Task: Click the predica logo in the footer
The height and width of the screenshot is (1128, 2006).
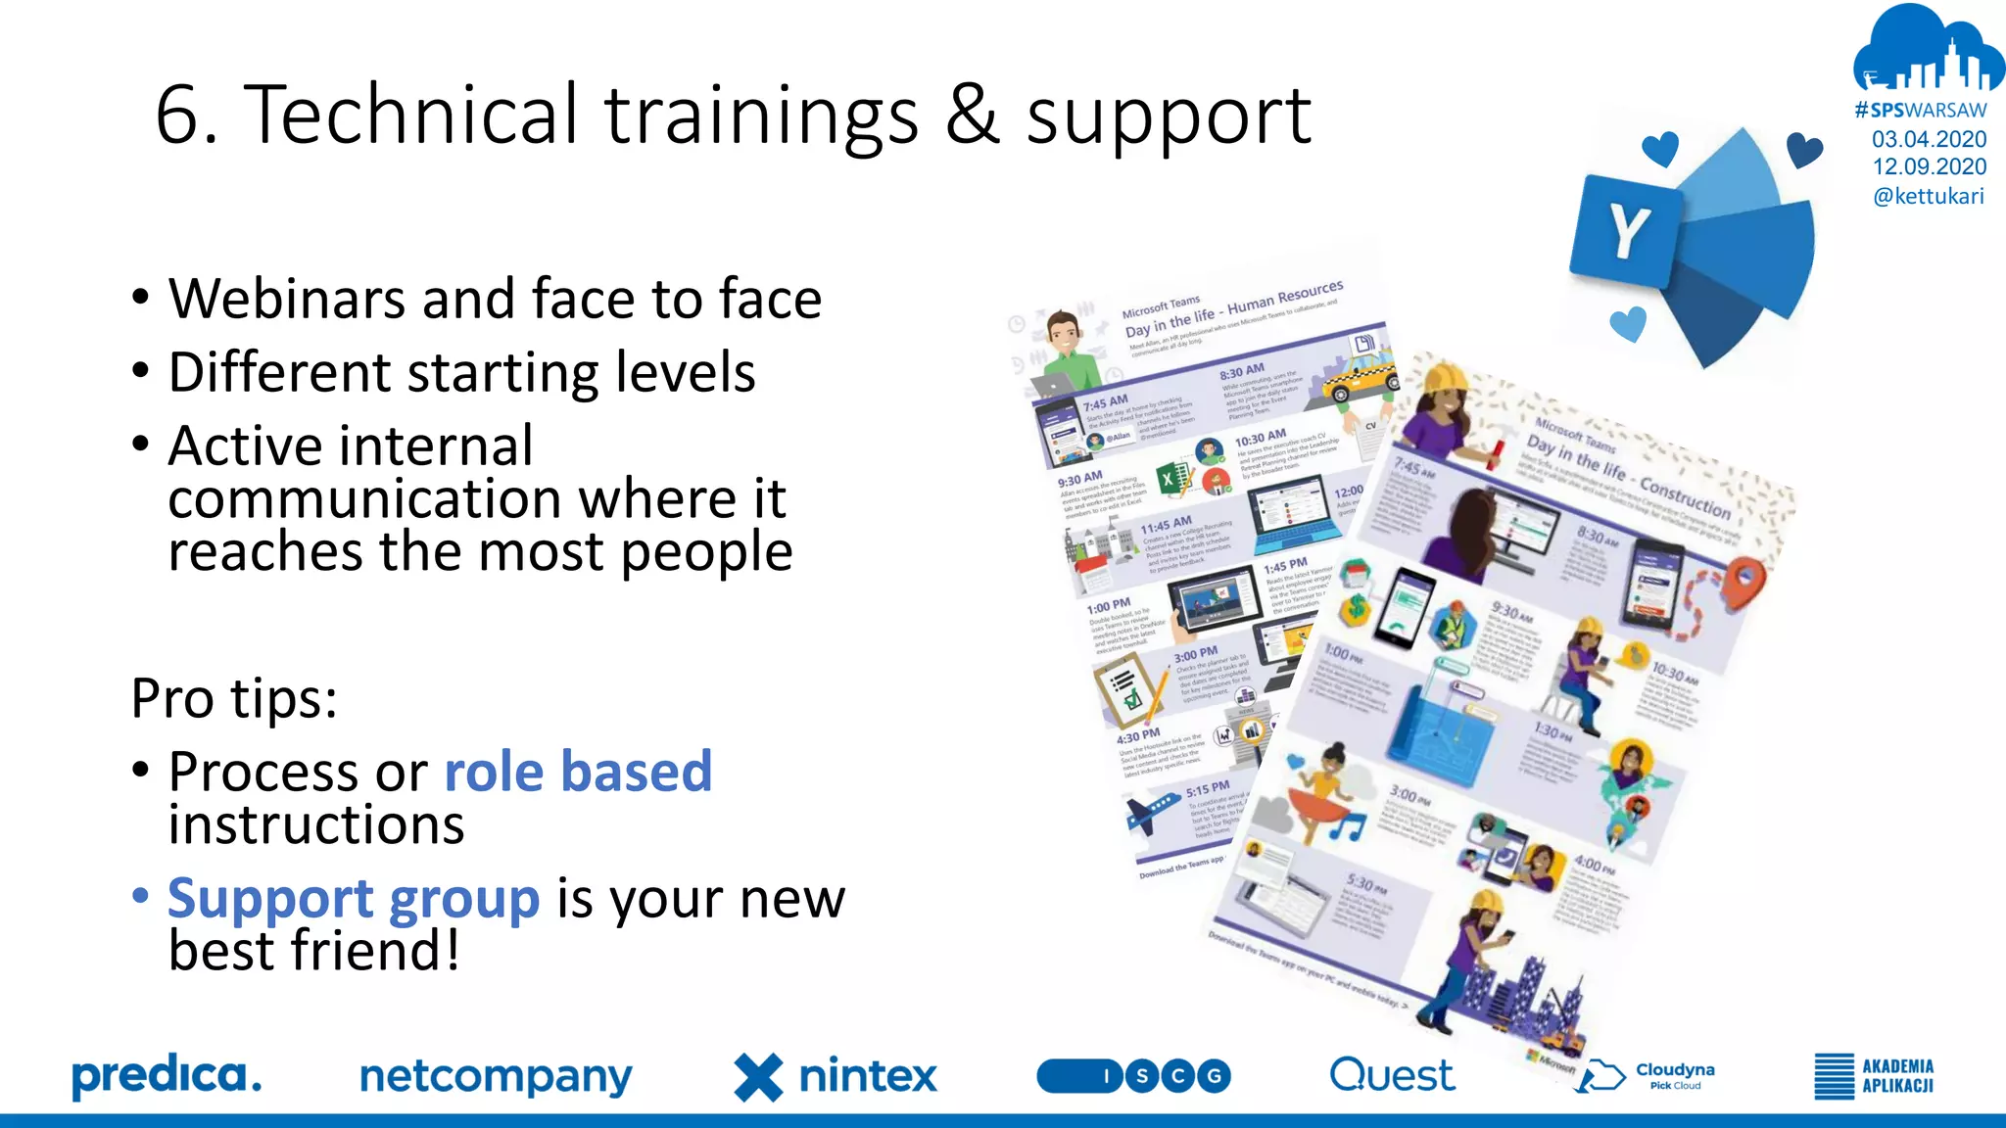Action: click(167, 1076)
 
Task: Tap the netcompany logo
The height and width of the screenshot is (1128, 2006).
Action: click(496, 1076)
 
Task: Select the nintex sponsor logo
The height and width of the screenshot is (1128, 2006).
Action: click(836, 1076)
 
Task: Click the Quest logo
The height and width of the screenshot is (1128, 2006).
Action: click(1391, 1075)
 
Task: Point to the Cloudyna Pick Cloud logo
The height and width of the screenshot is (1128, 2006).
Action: click(1650, 1075)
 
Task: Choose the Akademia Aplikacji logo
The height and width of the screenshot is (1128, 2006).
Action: click(1873, 1076)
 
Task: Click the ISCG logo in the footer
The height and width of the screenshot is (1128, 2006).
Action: click(1133, 1076)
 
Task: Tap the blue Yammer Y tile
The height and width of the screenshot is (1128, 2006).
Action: click(1625, 230)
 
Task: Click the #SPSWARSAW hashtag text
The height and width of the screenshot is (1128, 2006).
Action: click(1921, 111)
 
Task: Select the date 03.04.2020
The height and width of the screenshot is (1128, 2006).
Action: click(1929, 139)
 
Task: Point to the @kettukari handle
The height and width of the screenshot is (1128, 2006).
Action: click(1928, 196)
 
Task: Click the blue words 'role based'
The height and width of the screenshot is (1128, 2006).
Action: click(578, 772)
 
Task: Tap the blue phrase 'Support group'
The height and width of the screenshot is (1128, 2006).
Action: click(354, 899)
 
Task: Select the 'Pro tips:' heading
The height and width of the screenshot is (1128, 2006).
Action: click(234, 698)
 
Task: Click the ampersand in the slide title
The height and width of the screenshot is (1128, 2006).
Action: click(973, 115)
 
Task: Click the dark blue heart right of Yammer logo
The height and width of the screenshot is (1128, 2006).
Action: click(1803, 150)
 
